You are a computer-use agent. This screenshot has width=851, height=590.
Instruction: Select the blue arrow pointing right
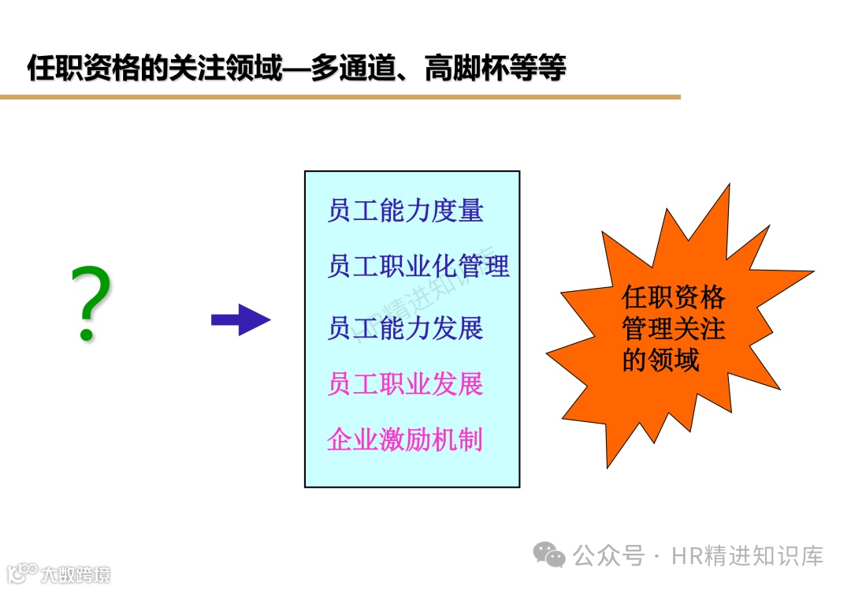pos(240,319)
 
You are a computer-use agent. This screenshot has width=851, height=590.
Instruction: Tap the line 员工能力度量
pos(405,211)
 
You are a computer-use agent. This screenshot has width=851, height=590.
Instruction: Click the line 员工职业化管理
pos(418,267)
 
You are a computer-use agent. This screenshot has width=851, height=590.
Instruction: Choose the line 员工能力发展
pos(405,328)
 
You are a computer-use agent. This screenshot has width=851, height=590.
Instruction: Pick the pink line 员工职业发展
pos(405,384)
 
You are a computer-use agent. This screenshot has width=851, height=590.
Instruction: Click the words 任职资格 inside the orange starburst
pos(673,298)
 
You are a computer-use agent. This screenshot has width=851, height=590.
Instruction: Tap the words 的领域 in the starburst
pos(660,360)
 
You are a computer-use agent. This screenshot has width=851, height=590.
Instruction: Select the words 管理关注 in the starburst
pos(673,329)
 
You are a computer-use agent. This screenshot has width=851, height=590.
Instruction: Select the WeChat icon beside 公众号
pos(549,555)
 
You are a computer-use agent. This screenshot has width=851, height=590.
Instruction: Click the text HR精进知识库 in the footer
pos(747,556)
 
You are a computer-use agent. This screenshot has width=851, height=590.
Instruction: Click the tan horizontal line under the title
pos(340,97)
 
